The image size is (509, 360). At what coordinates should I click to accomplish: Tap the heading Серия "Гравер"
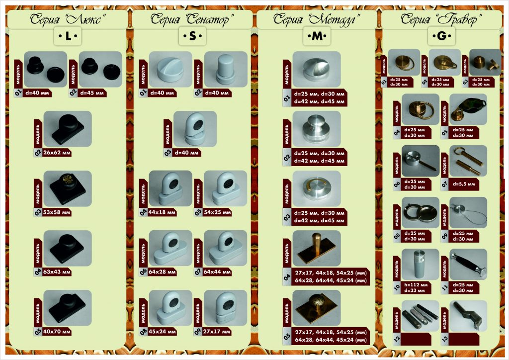click(x=442, y=20)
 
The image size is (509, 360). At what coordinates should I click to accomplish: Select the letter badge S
click(x=192, y=36)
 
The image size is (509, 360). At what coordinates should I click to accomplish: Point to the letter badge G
click(x=442, y=36)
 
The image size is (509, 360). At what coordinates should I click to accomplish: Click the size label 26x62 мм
click(x=57, y=153)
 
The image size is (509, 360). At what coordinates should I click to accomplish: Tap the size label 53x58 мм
click(x=57, y=212)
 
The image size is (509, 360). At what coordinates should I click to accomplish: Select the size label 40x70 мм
click(x=57, y=332)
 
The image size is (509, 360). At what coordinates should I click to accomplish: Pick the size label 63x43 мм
click(x=57, y=272)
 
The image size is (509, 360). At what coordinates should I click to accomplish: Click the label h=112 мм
click(x=414, y=284)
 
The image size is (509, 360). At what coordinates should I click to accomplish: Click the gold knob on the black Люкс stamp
click(x=66, y=178)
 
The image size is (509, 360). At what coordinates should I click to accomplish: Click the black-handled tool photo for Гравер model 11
click(x=468, y=265)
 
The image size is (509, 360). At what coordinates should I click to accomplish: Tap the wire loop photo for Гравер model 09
click(x=468, y=213)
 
